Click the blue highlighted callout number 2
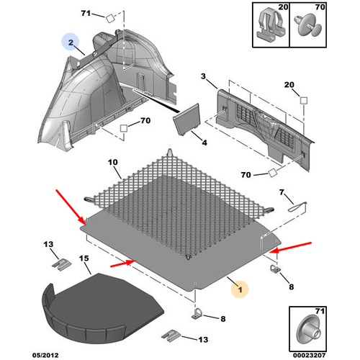[71, 42]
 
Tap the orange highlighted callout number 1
[240, 289]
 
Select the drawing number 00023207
[310, 355]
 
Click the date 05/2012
[45, 355]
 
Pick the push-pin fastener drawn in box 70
[308, 26]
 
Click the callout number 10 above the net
[113, 162]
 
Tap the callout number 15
[84, 258]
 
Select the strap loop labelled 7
[297, 207]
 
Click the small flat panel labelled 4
[187, 120]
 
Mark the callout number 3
[203, 76]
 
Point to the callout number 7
[282, 192]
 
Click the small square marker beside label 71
[110, 19]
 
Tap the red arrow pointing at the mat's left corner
[71, 207]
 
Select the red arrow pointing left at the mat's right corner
[290, 248]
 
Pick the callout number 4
[204, 143]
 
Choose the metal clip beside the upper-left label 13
[62, 264]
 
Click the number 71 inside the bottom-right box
[320, 311]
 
